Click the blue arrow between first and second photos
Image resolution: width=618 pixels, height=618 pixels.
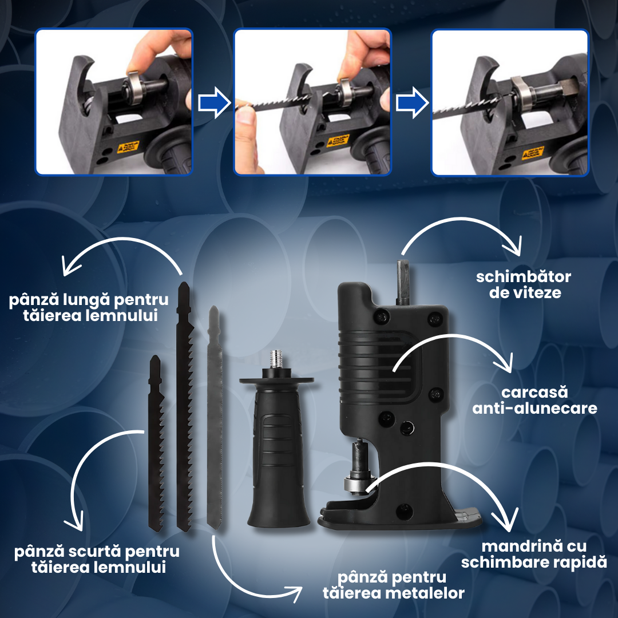(214, 103)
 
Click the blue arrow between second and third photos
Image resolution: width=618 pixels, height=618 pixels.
(412, 103)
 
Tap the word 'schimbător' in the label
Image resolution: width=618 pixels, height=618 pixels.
(524, 277)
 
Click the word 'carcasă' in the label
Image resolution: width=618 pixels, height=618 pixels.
(534, 392)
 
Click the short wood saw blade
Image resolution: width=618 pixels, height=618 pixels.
(156, 443)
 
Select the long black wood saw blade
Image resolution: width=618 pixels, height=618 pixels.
(184, 406)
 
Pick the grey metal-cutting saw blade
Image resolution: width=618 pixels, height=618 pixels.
(215, 417)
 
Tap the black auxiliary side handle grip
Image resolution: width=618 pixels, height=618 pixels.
(278, 453)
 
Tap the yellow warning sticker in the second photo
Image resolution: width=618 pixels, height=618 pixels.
(338, 140)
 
